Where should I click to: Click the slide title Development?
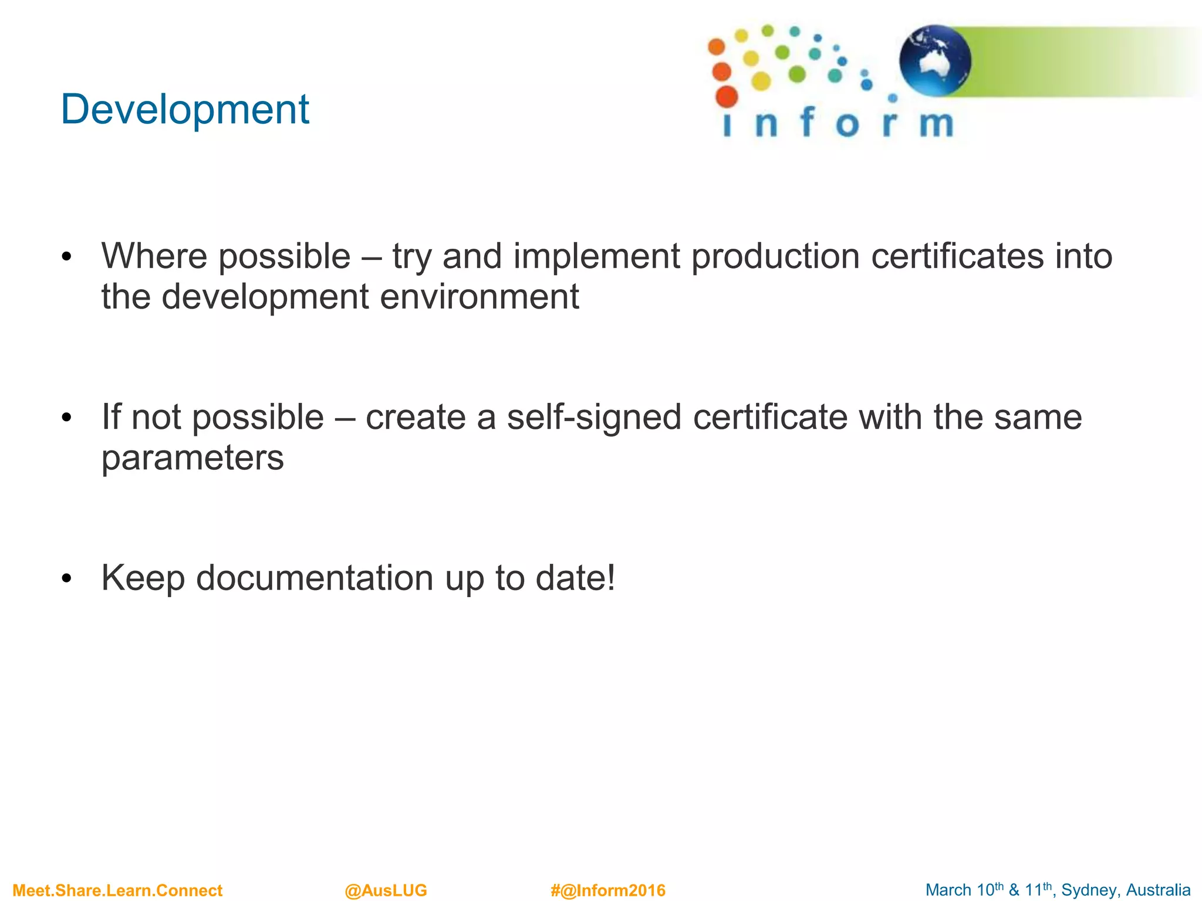[184, 110]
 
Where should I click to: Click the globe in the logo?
[935, 60]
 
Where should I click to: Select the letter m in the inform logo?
[936, 124]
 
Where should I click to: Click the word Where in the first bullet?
[154, 256]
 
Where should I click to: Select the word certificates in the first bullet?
[957, 256]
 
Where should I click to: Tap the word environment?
[480, 297]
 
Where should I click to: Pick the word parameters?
[193, 459]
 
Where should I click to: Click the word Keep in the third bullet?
[143, 578]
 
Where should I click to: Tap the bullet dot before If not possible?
[66, 418]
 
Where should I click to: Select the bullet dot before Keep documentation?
[66, 578]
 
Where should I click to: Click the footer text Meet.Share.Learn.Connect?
[117, 890]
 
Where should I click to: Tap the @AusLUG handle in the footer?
[386, 890]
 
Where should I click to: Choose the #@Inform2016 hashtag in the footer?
[608, 890]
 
